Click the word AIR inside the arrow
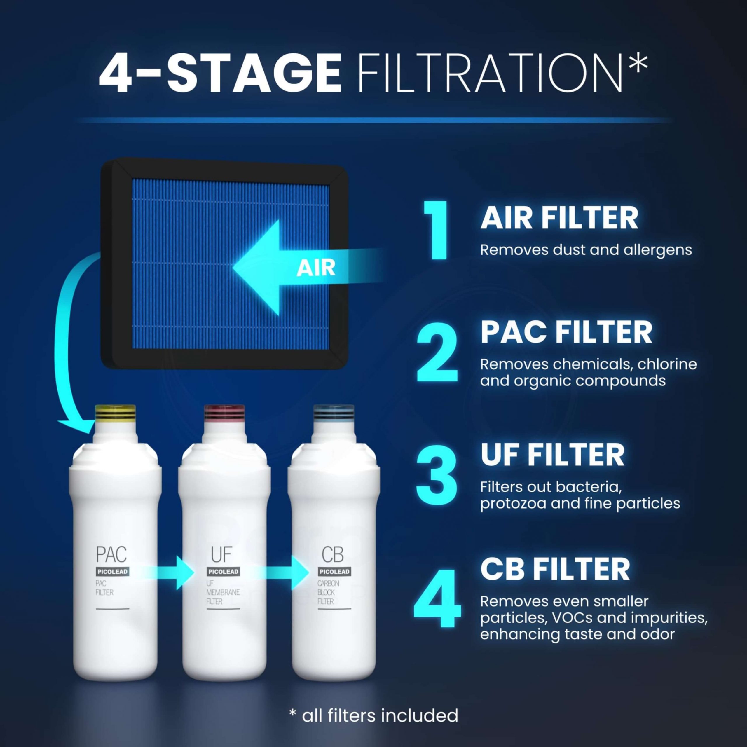point(316,268)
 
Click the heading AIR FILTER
point(559,219)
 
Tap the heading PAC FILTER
point(566,333)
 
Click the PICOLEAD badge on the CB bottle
point(334,571)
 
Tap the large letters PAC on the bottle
point(111,554)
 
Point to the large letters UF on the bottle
point(221,554)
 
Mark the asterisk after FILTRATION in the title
point(638,64)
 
